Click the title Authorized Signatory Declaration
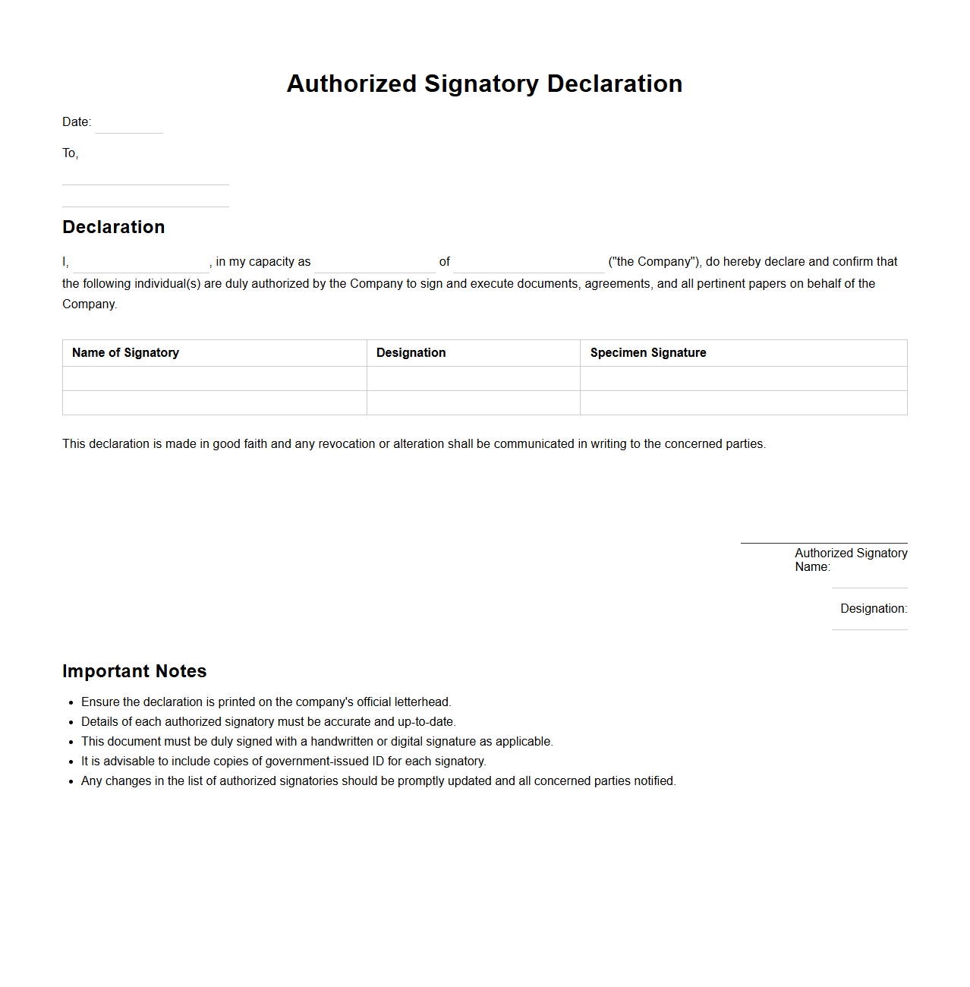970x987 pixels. [x=484, y=84]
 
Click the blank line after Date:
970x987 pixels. [x=129, y=125]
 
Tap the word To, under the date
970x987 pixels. [x=70, y=153]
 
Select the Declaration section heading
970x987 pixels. [x=113, y=227]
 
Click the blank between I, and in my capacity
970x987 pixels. [x=141, y=264]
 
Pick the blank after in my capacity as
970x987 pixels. [x=375, y=264]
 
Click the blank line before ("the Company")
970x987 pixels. [x=528, y=264]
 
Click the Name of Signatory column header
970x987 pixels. [x=125, y=353]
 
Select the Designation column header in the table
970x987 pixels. [x=411, y=353]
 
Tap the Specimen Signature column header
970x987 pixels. [x=648, y=353]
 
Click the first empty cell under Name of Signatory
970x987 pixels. [x=215, y=379]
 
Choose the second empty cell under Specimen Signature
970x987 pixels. [x=743, y=403]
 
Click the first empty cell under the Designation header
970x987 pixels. [x=474, y=379]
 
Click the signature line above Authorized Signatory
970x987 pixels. [x=824, y=542]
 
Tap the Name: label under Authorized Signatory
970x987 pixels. [x=812, y=567]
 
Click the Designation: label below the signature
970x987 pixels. [x=874, y=609]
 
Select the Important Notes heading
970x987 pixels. [x=134, y=671]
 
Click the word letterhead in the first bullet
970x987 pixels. [x=422, y=702]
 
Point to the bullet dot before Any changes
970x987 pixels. [x=71, y=781]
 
